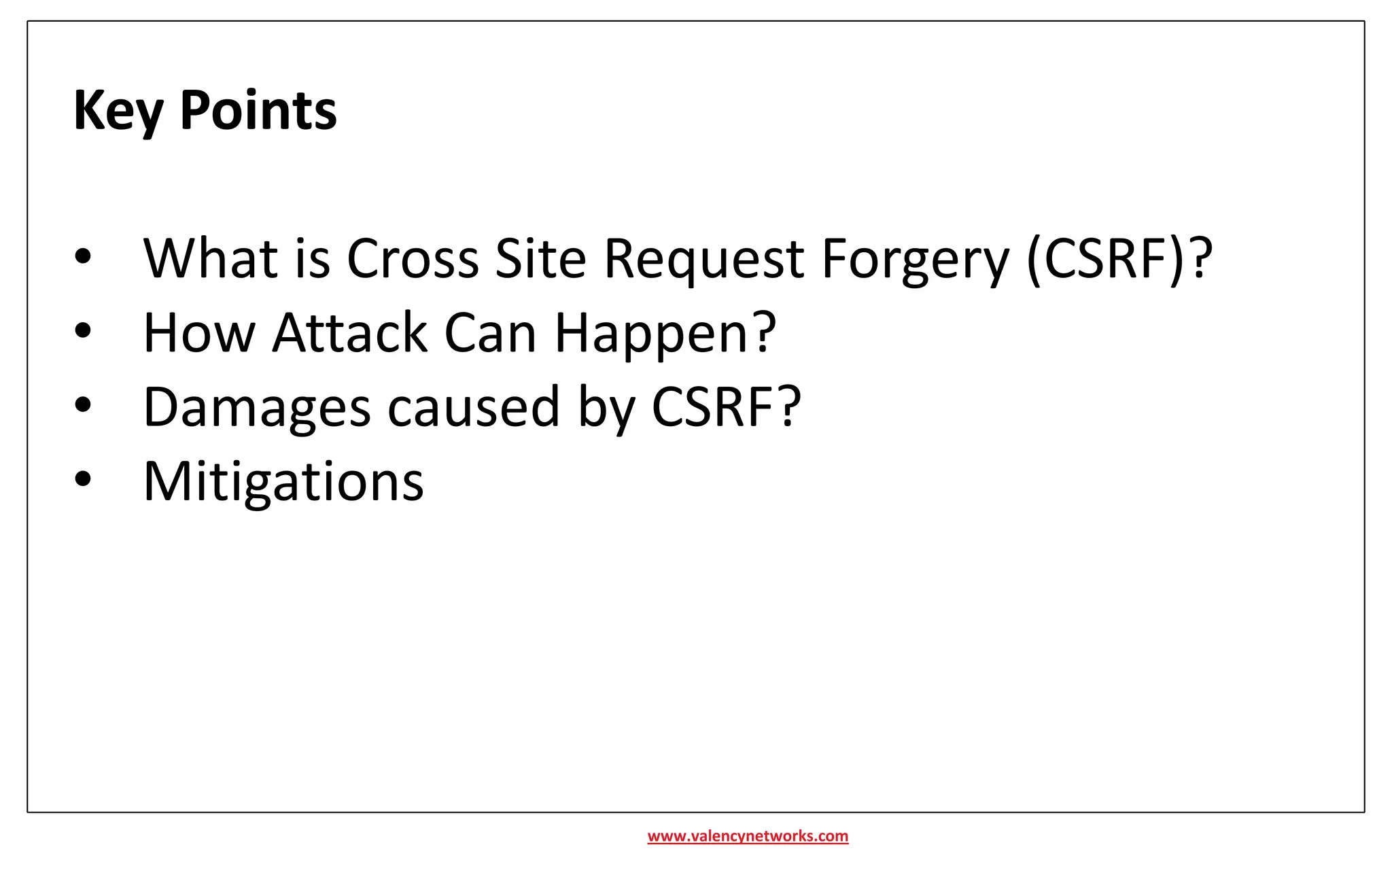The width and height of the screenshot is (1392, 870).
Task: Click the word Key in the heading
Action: (118, 111)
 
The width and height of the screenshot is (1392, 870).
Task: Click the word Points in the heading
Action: (258, 111)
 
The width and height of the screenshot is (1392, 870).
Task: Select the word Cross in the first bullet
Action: (413, 259)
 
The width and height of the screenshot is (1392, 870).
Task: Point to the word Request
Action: (704, 259)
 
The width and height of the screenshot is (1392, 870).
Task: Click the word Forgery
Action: (916, 259)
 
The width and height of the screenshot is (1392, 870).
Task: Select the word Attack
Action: (350, 333)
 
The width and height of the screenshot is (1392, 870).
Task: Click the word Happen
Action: (652, 333)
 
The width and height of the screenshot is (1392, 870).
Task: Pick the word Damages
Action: (257, 407)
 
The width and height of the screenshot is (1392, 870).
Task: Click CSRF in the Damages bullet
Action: (714, 407)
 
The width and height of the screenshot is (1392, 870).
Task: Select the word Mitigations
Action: (283, 481)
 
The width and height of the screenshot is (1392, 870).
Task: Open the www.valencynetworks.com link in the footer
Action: (748, 836)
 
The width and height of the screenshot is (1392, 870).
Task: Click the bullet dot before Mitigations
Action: (83, 478)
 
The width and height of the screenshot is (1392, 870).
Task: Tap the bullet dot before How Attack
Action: (83, 330)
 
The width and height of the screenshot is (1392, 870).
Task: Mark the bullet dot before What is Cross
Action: (83, 256)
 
